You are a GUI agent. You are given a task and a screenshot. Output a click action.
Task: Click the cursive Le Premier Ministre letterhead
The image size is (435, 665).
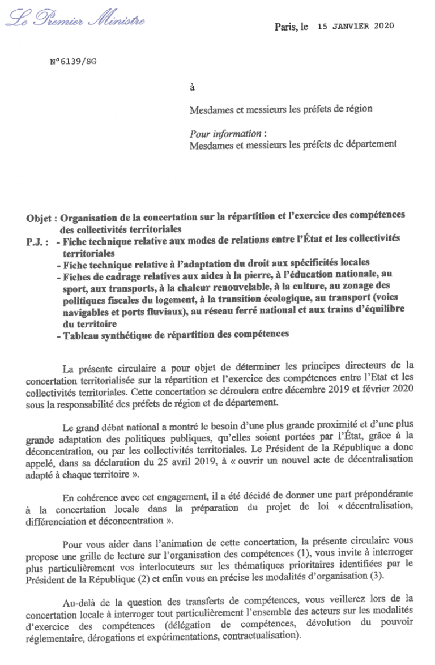click(75, 21)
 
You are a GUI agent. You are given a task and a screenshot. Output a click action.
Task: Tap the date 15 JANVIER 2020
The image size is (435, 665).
click(355, 26)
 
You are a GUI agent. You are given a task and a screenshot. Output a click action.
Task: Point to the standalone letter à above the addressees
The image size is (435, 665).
click(192, 87)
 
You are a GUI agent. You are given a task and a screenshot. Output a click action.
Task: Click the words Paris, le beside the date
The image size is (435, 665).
click(291, 27)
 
